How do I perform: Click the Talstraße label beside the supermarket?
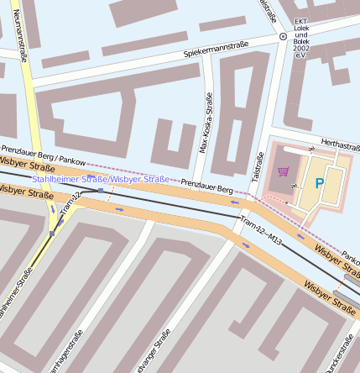tap(258, 171)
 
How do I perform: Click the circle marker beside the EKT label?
tap(283, 37)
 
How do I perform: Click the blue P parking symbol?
tap(318, 182)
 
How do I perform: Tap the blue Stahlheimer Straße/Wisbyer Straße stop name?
tap(100, 179)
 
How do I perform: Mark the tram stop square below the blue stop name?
tap(101, 191)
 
